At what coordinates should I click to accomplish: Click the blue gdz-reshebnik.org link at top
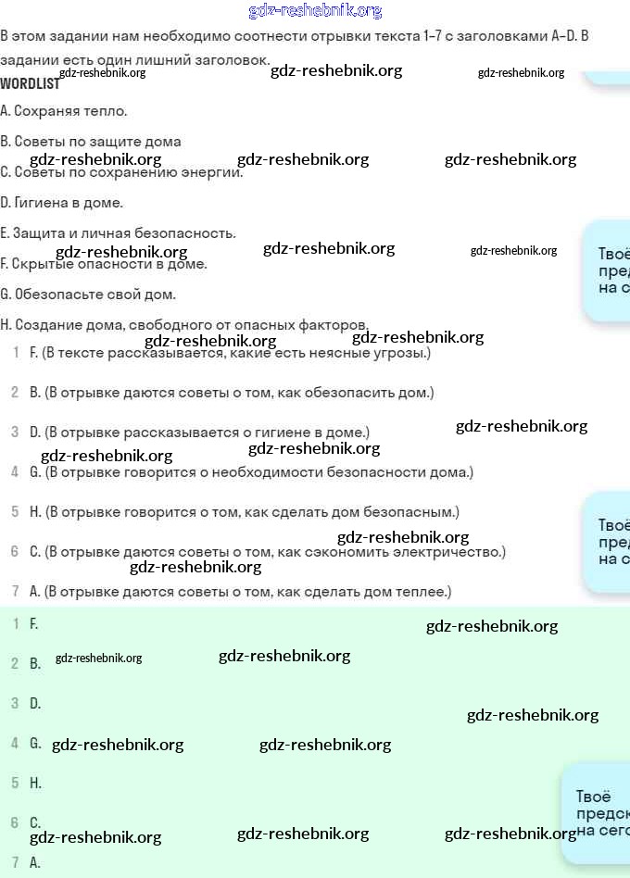315,11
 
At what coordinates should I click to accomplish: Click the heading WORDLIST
30,83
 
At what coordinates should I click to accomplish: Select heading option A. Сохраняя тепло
64,111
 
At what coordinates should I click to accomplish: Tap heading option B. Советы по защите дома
91,142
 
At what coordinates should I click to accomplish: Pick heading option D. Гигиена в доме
61,203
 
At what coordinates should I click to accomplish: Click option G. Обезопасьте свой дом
88,295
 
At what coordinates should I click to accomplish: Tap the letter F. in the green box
34,624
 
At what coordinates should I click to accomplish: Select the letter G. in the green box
35,744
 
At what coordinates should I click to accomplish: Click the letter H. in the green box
35,784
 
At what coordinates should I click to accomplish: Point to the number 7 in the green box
15,862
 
